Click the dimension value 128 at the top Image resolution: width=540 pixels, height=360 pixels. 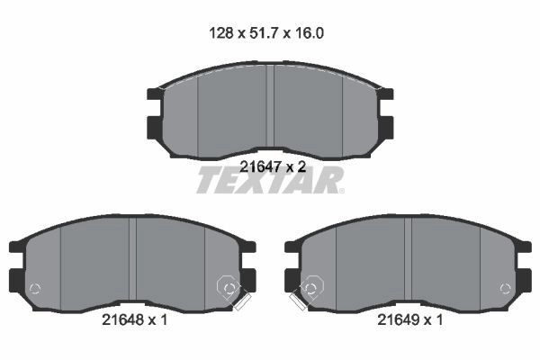point(221,33)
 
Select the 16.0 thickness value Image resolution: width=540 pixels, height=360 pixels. point(310,33)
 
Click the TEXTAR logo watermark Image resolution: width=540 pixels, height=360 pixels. point(270,180)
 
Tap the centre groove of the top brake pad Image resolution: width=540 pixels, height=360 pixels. point(270,106)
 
